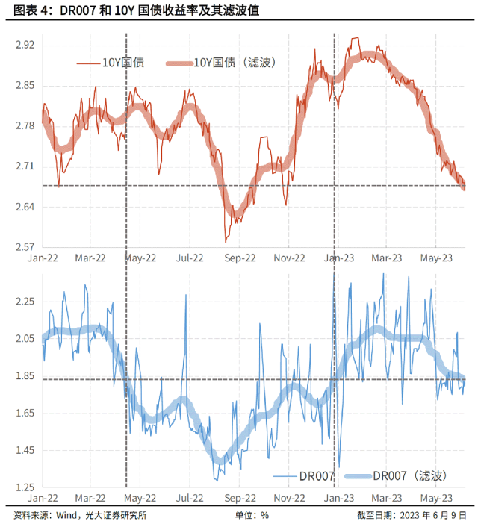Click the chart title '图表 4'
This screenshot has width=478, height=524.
[29, 10]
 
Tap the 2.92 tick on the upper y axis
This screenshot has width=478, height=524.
[25, 45]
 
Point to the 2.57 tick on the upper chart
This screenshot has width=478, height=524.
[25, 246]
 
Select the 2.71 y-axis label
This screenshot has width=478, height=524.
[25, 166]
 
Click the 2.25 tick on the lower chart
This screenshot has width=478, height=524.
[25, 302]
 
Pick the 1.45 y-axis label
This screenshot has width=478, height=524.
[25, 450]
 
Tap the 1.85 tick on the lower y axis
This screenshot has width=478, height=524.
[25, 376]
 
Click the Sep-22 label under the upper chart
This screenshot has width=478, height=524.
[240, 258]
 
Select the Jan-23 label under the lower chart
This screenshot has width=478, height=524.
[338, 497]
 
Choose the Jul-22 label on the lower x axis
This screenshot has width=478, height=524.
[190, 497]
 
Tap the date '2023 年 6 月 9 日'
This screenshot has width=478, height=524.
[432, 514]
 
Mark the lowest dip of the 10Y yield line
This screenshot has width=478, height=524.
[226, 241]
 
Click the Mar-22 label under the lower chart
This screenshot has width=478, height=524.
[91, 497]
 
